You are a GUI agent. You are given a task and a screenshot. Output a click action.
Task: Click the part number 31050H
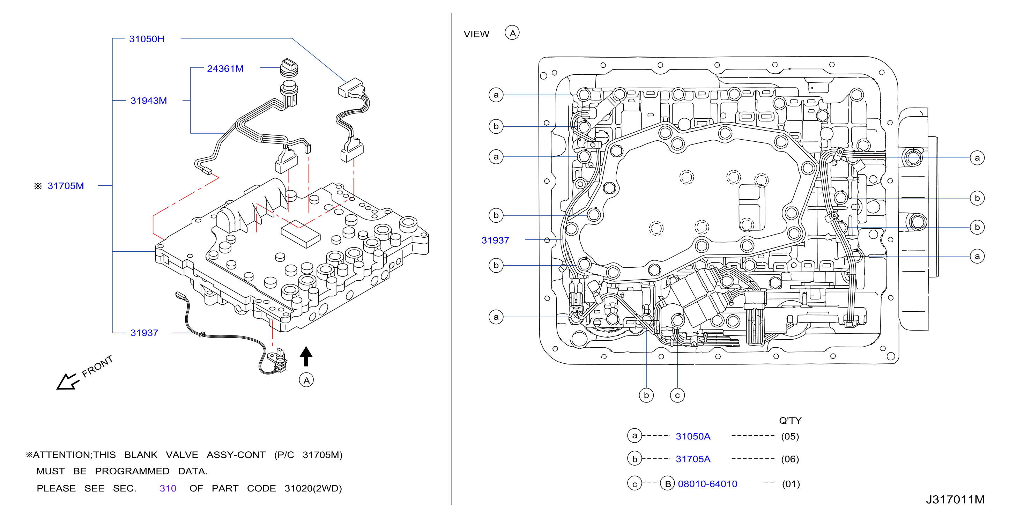[x=146, y=39]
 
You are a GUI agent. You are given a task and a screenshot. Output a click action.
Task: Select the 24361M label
[x=225, y=68]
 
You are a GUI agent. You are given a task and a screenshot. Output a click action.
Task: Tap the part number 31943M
[x=148, y=101]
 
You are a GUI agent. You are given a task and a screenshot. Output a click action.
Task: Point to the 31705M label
[x=66, y=186]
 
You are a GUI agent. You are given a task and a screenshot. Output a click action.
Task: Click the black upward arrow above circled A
[x=306, y=356]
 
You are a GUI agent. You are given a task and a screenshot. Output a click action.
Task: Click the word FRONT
[x=97, y=366]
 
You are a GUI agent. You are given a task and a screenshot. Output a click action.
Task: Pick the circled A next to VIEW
[x=512, y=33]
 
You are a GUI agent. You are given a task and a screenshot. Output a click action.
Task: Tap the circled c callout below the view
[x=677, y=395]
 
